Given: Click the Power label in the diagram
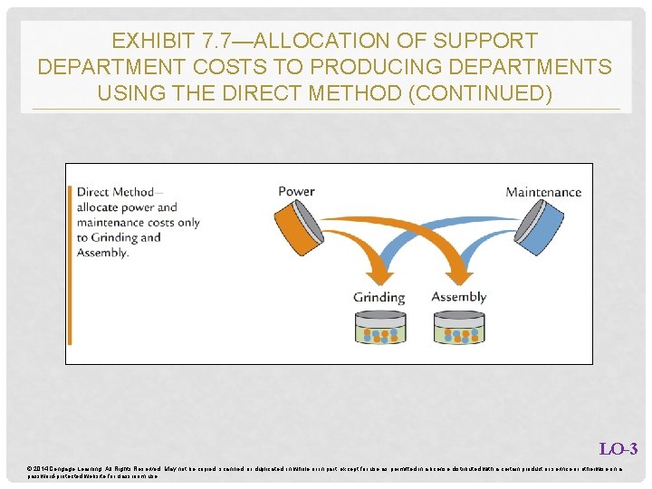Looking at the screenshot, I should click(296, 191).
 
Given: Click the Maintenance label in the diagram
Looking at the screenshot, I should click(542, 192).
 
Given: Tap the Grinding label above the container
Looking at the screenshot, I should click(379, 297).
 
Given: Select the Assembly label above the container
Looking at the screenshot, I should click(458, 297).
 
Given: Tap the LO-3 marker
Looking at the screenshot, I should click(618, 449).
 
